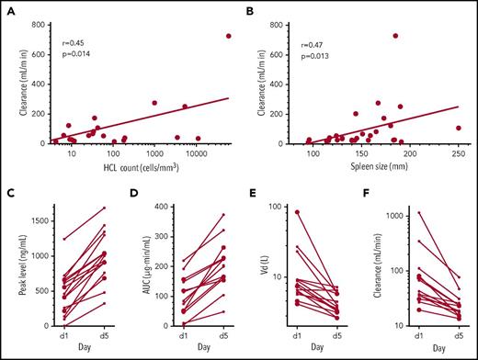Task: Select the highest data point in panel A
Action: point(228,36)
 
